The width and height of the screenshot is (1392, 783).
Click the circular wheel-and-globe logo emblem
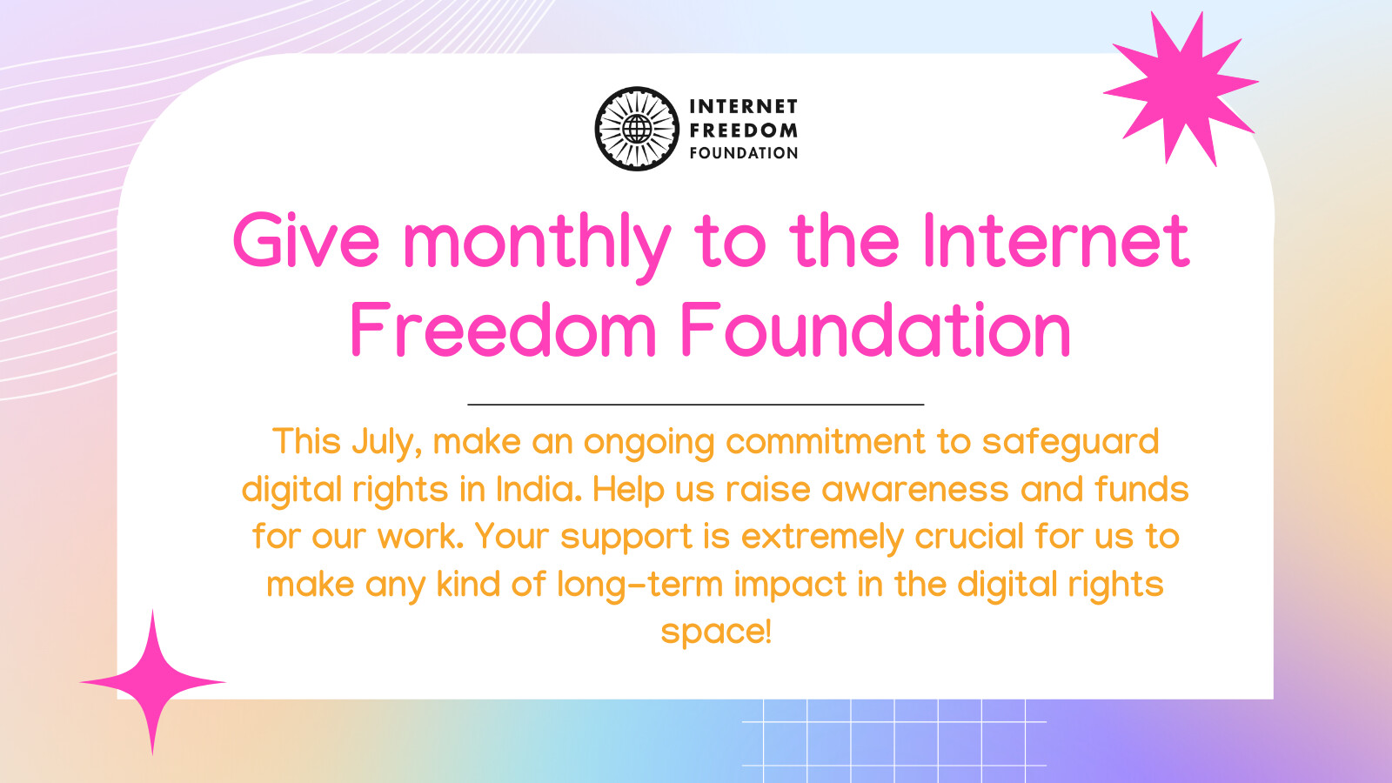[637, 129]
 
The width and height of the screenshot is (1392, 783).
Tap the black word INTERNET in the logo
[743, 107]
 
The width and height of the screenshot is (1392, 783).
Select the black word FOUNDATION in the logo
[743, 153]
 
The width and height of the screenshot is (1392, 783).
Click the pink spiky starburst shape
[1181, 88]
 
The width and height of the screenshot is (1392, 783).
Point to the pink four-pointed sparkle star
[152, 682]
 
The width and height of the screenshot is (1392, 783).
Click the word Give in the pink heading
[305, 240]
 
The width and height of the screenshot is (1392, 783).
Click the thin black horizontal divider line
[696, 405]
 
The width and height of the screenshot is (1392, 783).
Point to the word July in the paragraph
[386, 444]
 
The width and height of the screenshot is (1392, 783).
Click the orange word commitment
[826, 442]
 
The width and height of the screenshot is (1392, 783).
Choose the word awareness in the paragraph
[914, 491]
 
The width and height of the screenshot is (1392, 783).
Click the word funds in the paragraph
[1141, 489]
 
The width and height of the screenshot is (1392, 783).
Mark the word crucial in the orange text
[969, 536]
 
